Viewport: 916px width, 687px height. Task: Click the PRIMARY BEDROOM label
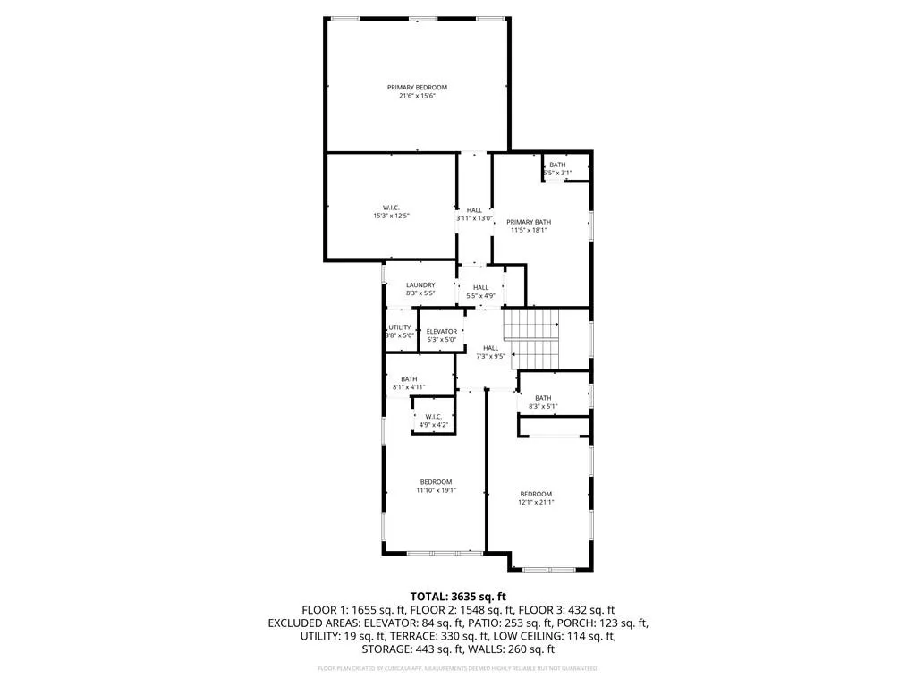click(x=417, y=88)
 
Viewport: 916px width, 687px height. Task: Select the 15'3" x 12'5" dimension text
click(x=390, y=216)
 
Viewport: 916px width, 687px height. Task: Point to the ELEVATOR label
click(x=441, y=332)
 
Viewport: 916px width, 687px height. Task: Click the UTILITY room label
click(x=400, y=327)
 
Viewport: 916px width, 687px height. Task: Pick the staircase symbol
click(x=530, y=338)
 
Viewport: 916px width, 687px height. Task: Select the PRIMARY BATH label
click(x=528, y=222)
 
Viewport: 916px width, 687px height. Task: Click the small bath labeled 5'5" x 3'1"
click(x=557, y=169)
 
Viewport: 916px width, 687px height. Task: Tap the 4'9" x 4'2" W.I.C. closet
click(x=433, y=420)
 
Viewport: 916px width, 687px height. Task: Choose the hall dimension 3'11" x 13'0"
click(x=474, y=218)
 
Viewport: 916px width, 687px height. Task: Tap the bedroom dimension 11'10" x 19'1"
click(x=436, y=490)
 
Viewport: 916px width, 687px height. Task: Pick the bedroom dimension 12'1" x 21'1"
click(x=536, y=502)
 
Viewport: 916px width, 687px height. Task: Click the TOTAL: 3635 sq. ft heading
click(x=458, y=596)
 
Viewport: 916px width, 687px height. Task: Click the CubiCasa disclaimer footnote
click(x=458, y=668)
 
